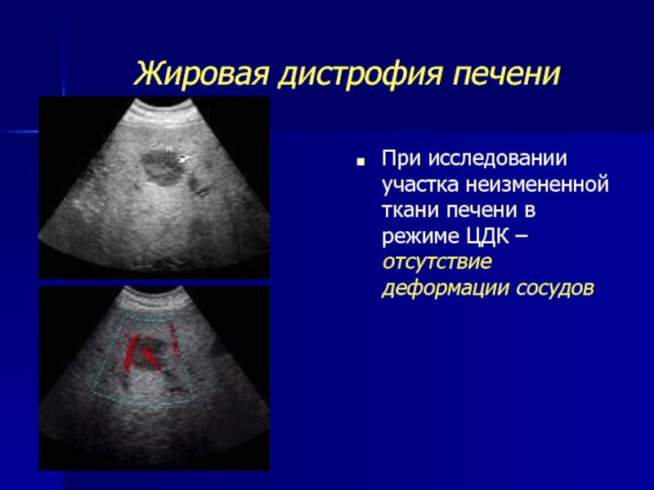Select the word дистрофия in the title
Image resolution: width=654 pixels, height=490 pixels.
pos(360,74)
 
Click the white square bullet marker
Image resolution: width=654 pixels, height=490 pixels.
pos(361,161)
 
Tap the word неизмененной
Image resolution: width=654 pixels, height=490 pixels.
pos(538,185)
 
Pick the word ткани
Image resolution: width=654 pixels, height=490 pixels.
pos(410,211)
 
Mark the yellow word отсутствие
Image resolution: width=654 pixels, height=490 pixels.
pos(437,262)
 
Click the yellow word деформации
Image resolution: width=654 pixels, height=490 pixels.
pos(445,289)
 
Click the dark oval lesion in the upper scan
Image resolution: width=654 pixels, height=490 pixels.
pos(159,167)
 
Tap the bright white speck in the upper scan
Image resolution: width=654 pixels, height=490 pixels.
pos(184,158)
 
